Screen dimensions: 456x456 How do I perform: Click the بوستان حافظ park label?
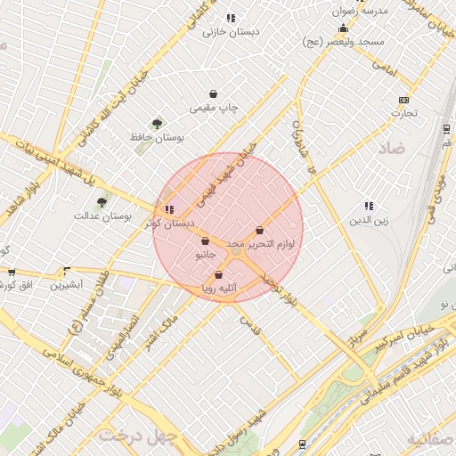157,138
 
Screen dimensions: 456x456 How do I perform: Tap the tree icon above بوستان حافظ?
158,124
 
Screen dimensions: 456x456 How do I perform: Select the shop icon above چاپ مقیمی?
214,94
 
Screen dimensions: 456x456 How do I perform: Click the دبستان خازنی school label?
230,32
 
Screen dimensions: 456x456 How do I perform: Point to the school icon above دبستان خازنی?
231,18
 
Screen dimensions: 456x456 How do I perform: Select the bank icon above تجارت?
403,100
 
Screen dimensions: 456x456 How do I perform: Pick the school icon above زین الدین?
369,206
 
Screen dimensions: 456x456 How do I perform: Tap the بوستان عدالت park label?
102,216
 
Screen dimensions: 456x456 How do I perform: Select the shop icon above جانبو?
205,241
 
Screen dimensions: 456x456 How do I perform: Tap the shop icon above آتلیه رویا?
218,275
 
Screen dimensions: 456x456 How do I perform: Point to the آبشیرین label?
66,285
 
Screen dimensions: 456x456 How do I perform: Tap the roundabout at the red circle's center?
236,253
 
